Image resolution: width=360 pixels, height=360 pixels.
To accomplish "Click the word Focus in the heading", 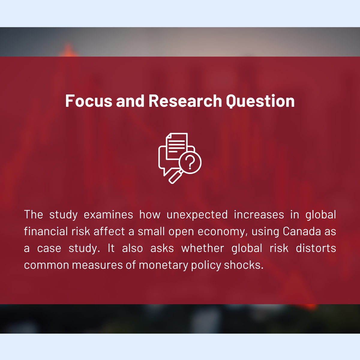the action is point(89,101).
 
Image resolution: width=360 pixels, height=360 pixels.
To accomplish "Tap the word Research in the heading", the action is point(185,101).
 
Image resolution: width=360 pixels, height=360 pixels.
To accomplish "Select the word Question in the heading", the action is point(260,101).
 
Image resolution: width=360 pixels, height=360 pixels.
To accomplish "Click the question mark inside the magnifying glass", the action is point(190,163).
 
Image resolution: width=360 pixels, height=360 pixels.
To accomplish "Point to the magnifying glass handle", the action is point(175,177).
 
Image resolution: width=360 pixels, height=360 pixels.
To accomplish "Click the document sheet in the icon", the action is point(177,146).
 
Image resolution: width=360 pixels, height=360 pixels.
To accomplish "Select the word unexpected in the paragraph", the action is point(197,215).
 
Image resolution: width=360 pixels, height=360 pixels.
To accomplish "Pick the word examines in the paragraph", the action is point(108,214).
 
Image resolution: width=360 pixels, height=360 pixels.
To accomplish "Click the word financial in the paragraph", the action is point(46,231).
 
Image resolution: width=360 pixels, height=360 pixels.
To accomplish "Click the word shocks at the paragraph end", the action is point(244,265).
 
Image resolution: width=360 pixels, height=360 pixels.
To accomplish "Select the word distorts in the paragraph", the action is point(316,248).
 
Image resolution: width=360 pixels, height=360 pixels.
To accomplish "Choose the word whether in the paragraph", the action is point(203,248).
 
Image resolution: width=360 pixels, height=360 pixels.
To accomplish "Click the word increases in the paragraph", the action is point(259,214).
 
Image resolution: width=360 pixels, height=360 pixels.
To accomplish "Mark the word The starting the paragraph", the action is point(34,214).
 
